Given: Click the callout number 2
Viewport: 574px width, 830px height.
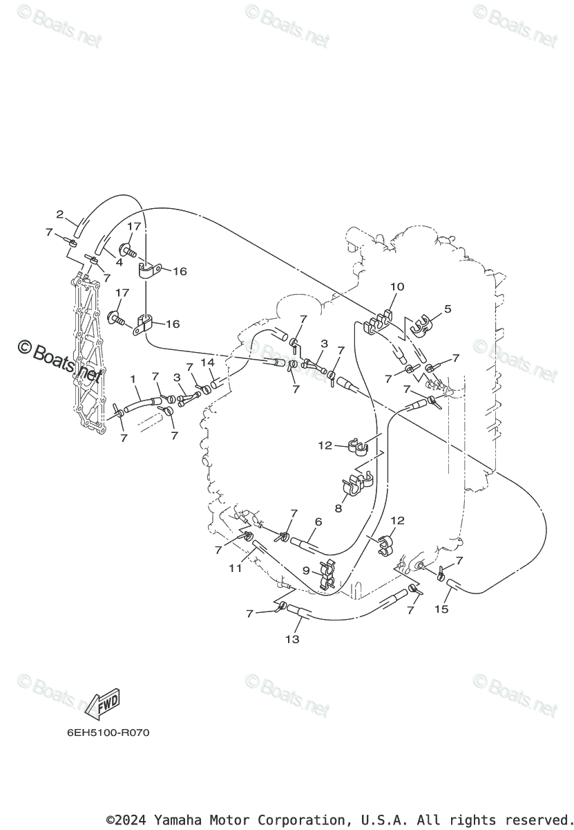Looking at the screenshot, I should tap(60, 214).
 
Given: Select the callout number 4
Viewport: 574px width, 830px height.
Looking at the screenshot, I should tap(119, 263).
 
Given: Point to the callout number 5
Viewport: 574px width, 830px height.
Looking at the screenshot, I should tap(448, 308).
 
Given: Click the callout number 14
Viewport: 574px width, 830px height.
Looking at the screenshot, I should tap(208, 362).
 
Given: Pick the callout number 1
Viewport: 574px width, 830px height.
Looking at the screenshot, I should tap(134, 378).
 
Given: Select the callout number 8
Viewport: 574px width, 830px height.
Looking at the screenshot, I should tap(338, 508).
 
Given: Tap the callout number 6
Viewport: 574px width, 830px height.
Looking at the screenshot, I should tap(318, 522).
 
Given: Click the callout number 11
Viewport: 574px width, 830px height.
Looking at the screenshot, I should tap(236, 568).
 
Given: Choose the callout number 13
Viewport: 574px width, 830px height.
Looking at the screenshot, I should tap(292, 639).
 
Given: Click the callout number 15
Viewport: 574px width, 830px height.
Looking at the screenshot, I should tap(441, 609).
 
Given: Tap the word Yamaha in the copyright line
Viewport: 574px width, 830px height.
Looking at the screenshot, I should tap(176, 820).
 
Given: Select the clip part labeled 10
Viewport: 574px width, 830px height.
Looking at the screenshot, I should tap(376, 322).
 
